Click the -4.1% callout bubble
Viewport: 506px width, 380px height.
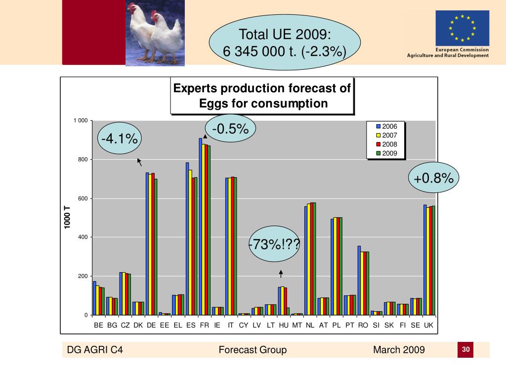(x=120, y=140)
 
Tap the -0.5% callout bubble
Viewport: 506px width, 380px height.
(x=230, y=129)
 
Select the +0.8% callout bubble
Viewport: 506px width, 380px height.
(x=434, y=179)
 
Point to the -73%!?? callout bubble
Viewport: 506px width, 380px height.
(x=274, y=244)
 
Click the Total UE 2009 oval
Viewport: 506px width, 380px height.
(x=284, y=43)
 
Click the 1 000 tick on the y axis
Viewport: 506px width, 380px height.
(x=81, y=121)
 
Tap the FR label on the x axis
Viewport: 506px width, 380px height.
(x=204, y=326)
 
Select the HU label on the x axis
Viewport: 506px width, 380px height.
(x=284, y=326)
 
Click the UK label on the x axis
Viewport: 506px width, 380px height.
(x=428, y=326)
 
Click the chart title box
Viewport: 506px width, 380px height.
(x=262, y=96)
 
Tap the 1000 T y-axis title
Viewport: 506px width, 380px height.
(x=67, y=218)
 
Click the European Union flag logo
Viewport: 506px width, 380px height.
(x=462, y=28)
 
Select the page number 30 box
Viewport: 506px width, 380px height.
(x=465, y=350)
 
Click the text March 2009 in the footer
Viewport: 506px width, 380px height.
(x=399, y=350)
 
